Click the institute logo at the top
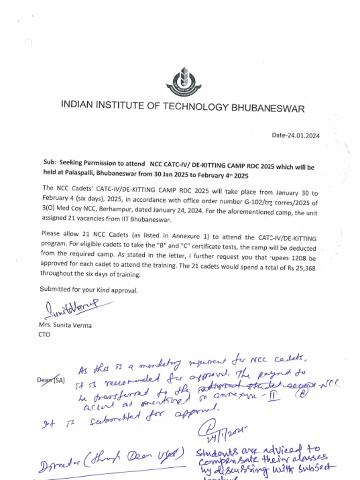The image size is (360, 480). [x=183, y=81]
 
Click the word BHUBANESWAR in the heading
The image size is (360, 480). [x=268, y=108]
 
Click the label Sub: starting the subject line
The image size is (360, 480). [x=50, y=163]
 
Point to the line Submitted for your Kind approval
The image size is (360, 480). [x=89, y=290]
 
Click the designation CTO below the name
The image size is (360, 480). [x=44, y=335]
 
